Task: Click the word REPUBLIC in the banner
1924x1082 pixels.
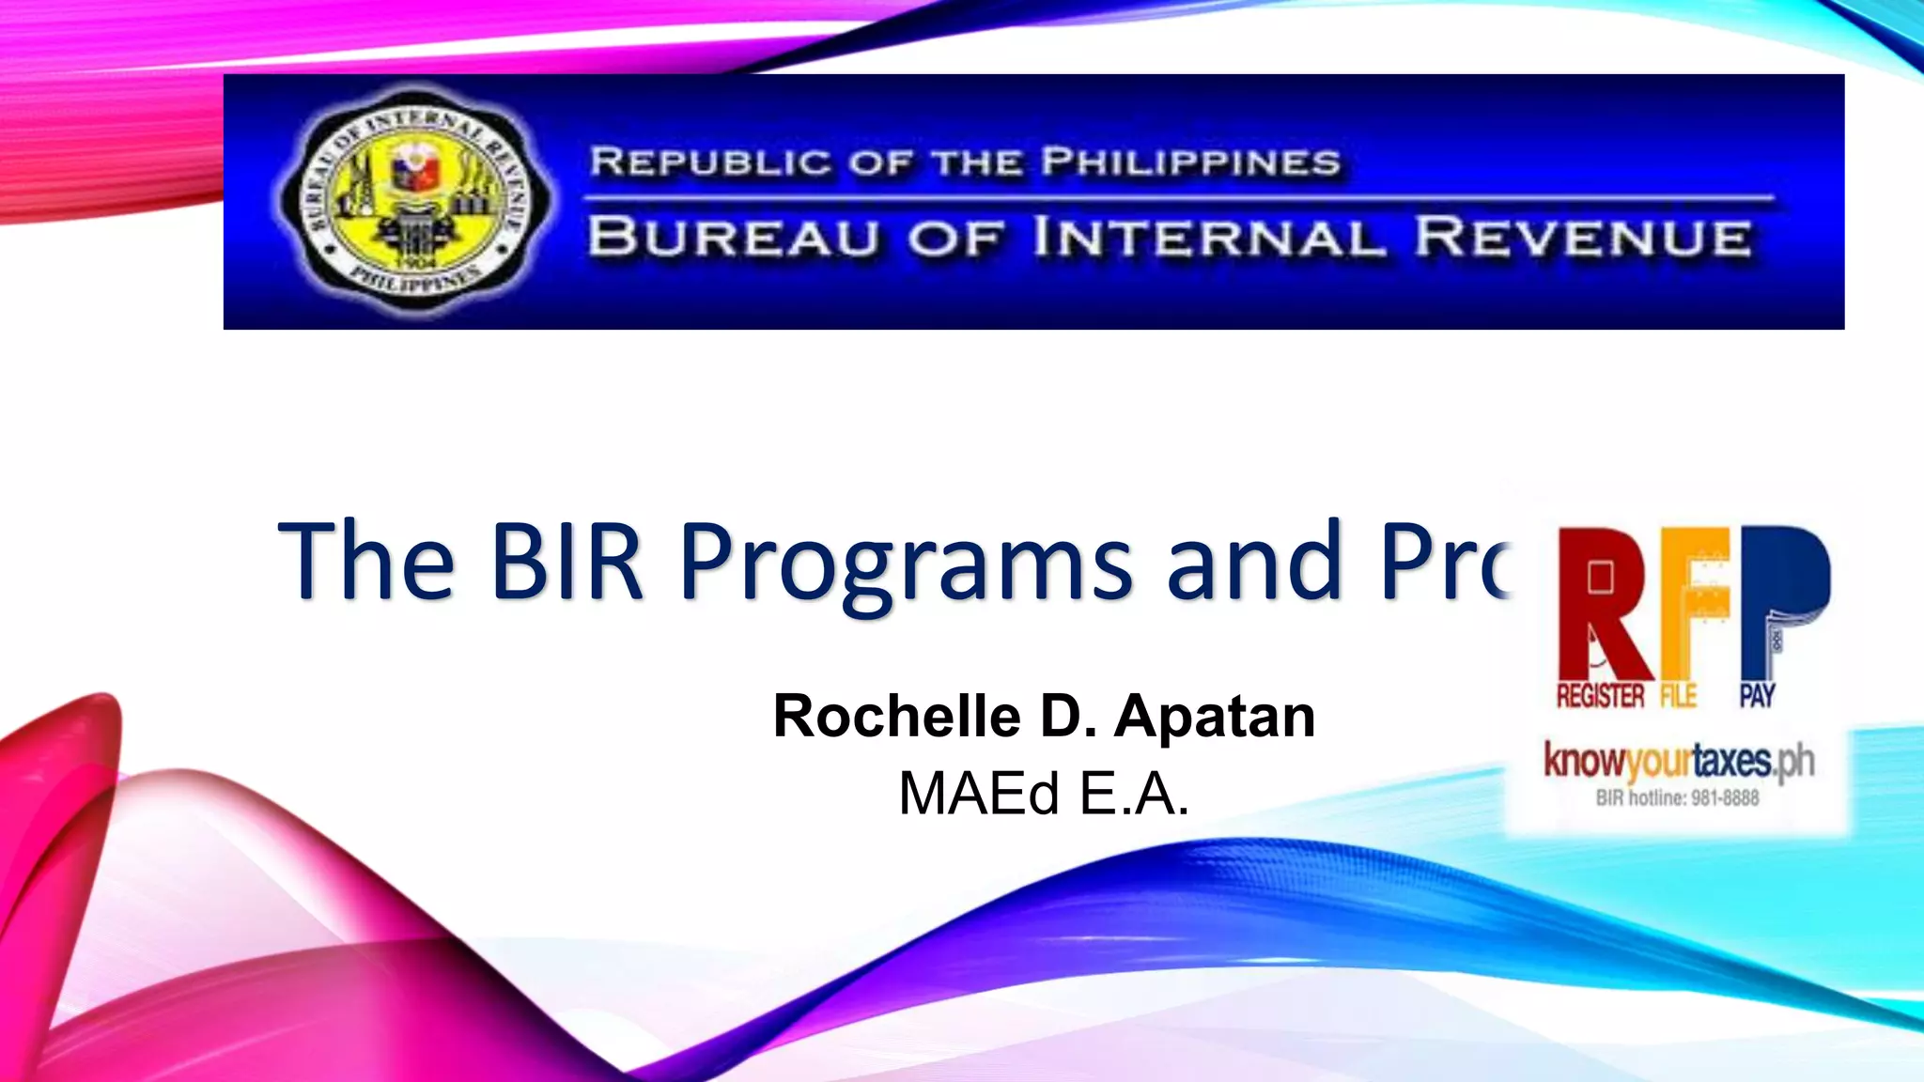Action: point(710,162)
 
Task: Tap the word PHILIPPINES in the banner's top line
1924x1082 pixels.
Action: point(1190,162)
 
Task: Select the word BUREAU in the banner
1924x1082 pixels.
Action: point(733,237)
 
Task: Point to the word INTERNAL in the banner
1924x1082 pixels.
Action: point(1209,237)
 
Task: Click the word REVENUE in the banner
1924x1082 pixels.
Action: point(1582,237)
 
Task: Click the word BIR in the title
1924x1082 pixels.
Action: point(566,561)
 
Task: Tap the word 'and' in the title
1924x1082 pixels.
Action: point(1252,561)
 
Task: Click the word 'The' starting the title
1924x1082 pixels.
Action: point(366,561)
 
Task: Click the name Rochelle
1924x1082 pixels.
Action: point(896,716)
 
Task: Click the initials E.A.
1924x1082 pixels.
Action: point(1134,794)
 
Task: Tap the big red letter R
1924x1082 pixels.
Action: point(1603,601)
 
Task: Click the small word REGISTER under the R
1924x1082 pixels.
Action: point(1600,696)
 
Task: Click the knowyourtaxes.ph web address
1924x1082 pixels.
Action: point(1678,762)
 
